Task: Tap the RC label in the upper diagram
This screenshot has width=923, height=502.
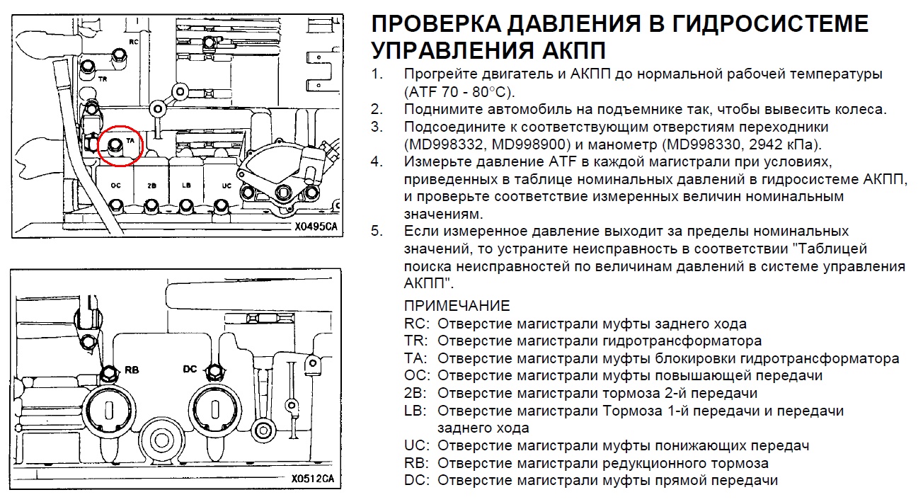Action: click(134, 42)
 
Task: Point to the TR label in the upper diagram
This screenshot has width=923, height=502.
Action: click(103, 79)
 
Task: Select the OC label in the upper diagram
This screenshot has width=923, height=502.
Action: click(116, 186)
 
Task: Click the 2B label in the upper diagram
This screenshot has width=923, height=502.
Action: click(151, 186)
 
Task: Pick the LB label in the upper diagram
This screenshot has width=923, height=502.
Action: click(186, 185)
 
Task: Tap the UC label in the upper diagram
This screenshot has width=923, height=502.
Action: click(227, 186)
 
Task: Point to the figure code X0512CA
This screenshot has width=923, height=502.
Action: click(313, 479)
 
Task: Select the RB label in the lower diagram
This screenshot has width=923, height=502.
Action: click(132, 370)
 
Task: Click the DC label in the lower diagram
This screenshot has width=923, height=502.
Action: click(190, 369)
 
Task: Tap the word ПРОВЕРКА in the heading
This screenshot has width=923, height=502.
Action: click(436, 23)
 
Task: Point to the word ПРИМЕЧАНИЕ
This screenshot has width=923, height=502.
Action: click(457, 306)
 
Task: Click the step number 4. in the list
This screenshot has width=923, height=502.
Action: click(377, 161)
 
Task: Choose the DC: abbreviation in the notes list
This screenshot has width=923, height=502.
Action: click(417, 480)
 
